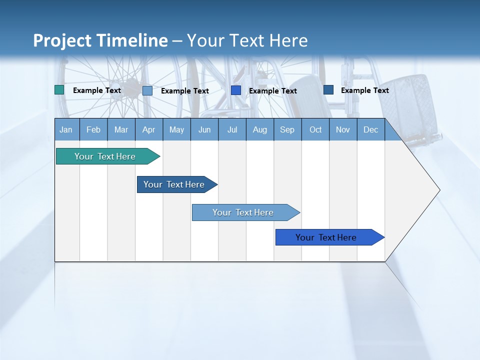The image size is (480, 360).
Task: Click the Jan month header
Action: (66, 129)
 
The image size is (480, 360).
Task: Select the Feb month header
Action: (93, 129)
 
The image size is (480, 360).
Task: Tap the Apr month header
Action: (148, 129)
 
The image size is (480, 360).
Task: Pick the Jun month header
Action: (204, 129)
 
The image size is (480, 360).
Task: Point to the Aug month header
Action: (259, 129)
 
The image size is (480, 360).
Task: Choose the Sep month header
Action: (287, 129)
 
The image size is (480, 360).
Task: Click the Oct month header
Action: (315, 129)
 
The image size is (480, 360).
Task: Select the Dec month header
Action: (370, 129)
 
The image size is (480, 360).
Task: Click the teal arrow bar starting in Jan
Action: (105, 156)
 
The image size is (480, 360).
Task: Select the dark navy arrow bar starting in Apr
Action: (174, 184)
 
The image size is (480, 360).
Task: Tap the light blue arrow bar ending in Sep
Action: (243, 212)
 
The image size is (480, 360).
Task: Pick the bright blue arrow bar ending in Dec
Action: (326, 237)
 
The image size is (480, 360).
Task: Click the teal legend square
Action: (59, 90)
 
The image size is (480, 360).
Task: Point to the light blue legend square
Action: (147, 90)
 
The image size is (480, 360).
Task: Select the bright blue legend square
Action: (236, 90)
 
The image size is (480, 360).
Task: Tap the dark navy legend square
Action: (328, 90)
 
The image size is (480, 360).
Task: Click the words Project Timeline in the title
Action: (100, 40)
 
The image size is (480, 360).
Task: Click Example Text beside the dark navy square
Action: (364, 90)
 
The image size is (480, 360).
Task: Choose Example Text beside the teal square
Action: (96, 90)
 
